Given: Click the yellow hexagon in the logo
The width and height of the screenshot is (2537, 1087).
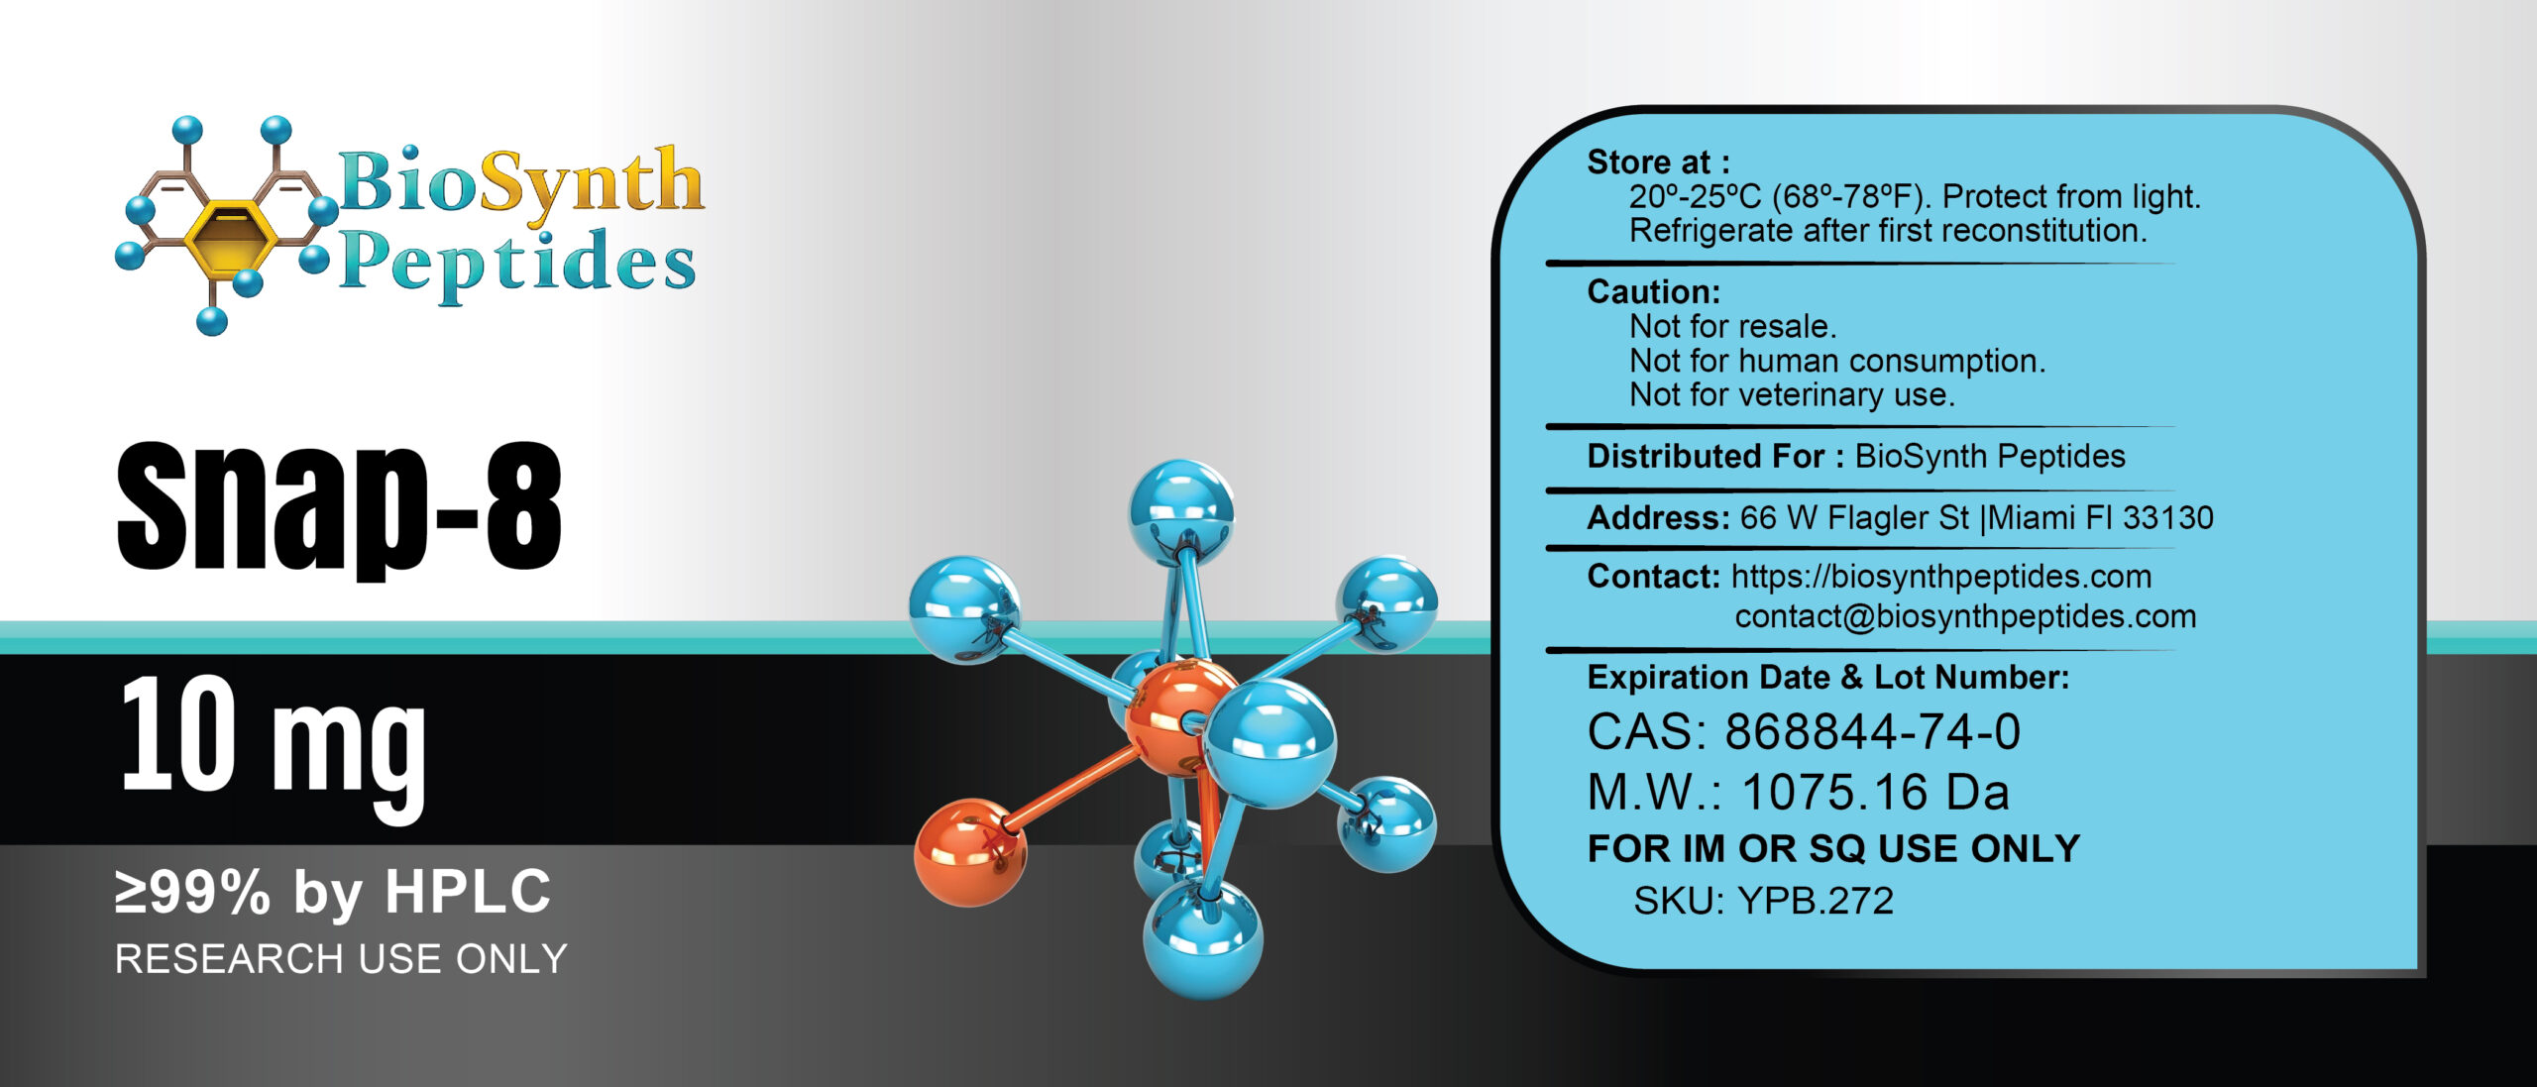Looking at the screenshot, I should (229, 236).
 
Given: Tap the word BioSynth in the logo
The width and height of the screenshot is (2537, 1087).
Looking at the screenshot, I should (520, 182).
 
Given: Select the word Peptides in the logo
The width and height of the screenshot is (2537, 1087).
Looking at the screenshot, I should (517, 264).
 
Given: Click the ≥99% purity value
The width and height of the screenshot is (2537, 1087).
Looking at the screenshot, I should (192, 892).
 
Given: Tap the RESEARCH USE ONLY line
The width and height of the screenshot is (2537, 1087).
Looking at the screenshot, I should (341, 959).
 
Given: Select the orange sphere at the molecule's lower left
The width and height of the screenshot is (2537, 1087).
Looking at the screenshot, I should (968, 852).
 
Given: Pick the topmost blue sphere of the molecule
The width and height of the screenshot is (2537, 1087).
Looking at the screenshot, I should (1181, 511).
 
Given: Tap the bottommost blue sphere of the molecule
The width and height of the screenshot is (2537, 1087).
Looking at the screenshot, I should (1202, 939).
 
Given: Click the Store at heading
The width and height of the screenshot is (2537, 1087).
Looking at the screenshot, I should (1658, 162).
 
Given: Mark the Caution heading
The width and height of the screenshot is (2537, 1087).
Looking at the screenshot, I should (1653, 291).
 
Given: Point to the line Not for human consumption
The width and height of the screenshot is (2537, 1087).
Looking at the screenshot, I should (1837, 361).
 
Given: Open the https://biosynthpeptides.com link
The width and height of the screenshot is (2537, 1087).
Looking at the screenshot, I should (1940, 577).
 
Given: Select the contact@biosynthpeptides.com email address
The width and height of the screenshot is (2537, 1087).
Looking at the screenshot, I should (1965, 616).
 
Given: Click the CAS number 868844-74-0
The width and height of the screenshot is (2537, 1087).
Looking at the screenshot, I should (1872, 732).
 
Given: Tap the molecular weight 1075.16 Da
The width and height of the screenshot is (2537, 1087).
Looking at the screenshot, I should (1874, 792).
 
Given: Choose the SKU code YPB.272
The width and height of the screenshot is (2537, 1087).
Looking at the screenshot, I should (1816, 901).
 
